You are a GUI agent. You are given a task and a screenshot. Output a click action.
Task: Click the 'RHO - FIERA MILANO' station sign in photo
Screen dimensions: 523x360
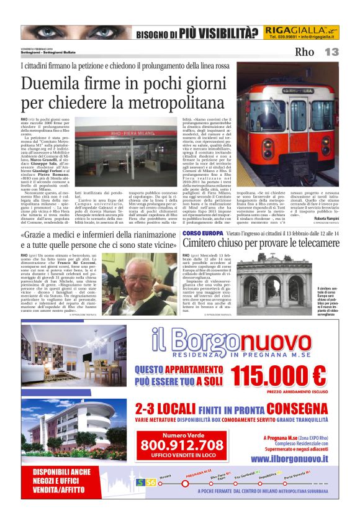[138, 130]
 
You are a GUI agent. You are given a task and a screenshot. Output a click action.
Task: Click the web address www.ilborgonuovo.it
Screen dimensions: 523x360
[290, 459]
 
